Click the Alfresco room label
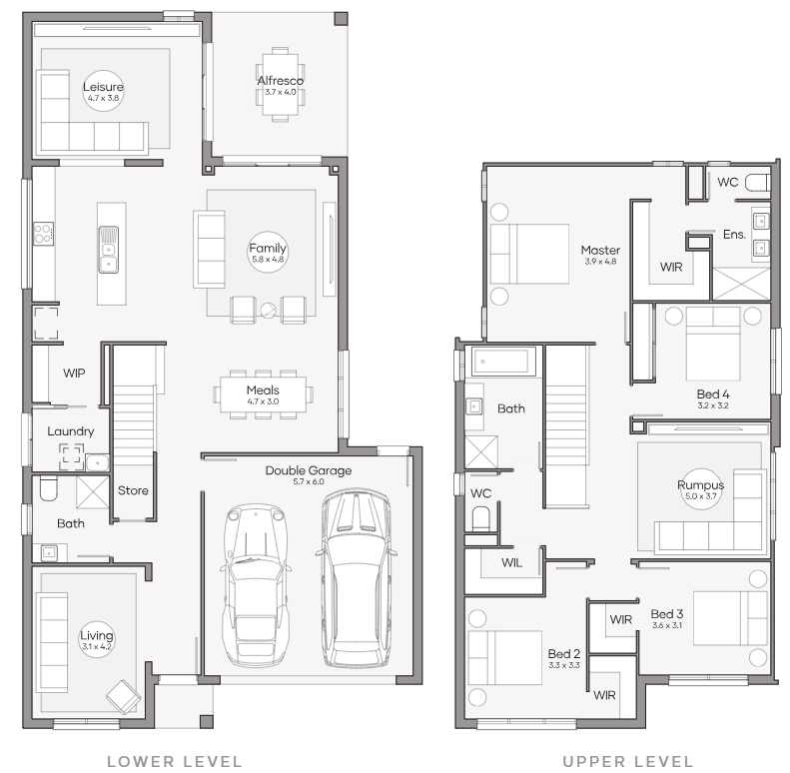[x=280, y=81]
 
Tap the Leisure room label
[x=103, y=87]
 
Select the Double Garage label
[x=309, y=470]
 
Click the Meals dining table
[x=263, y=394]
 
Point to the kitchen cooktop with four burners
[x=43, y=234]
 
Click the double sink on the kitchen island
[x=108, y=250]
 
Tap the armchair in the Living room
[x=124, y=696]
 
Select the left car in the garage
[x=256, y=584]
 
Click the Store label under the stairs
[x=133, y=490]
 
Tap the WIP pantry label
[x=74, y=373]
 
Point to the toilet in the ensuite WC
[x=758, y=183]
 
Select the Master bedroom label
[x=600, y=250]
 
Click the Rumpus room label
[x=700, y=484]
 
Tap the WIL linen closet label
[x=512, y=563]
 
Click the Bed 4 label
[x=713, y=394]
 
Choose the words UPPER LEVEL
[x=628, y=761]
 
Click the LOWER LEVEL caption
[x=175, y=761]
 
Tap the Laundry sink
[x=97, y=462]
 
